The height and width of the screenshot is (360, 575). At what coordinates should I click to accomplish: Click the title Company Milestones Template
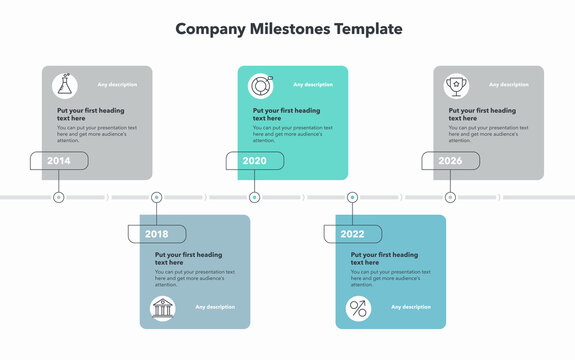tap(288, 29)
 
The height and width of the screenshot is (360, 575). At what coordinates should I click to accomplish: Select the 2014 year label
tap(59, 161)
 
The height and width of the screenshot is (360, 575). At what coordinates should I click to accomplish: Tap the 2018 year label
tap(157, 234)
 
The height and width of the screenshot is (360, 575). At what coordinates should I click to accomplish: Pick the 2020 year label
tap(255, 161)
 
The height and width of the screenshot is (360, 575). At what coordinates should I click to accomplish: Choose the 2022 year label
tap(353, 234)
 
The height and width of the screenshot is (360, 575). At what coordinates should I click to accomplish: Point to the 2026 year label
tap(451, 161)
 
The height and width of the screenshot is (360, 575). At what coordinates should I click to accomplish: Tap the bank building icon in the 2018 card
tap(161, 308)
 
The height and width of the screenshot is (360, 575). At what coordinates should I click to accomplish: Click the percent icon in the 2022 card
tap(357, 308)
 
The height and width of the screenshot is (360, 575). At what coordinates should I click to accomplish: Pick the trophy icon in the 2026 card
tap(456, 85)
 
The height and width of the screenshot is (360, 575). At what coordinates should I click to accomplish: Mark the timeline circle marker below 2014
tap(59, 198)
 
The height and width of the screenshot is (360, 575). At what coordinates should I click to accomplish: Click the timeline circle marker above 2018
tap(157, 198)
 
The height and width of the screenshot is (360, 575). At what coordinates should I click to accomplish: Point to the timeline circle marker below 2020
tap(255, 198)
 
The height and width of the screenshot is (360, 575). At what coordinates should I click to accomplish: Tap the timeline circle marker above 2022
tap(353, 198)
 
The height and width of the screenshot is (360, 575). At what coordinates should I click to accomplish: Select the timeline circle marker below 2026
tap(451, 198)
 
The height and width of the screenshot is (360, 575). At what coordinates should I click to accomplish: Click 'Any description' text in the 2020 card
tap(313, 85)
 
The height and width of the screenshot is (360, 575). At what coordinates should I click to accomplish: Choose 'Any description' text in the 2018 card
tap(215, 307)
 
